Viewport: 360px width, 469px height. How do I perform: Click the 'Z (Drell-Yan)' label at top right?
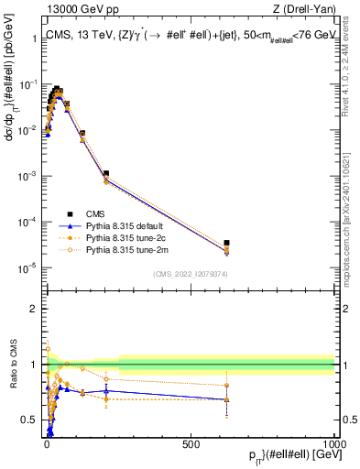tap(304, 10)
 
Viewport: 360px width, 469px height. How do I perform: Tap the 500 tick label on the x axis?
tap(191, 444)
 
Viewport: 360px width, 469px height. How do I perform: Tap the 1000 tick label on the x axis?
tap(334, 444)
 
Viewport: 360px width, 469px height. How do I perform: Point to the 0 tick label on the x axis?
tap(47, 444)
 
